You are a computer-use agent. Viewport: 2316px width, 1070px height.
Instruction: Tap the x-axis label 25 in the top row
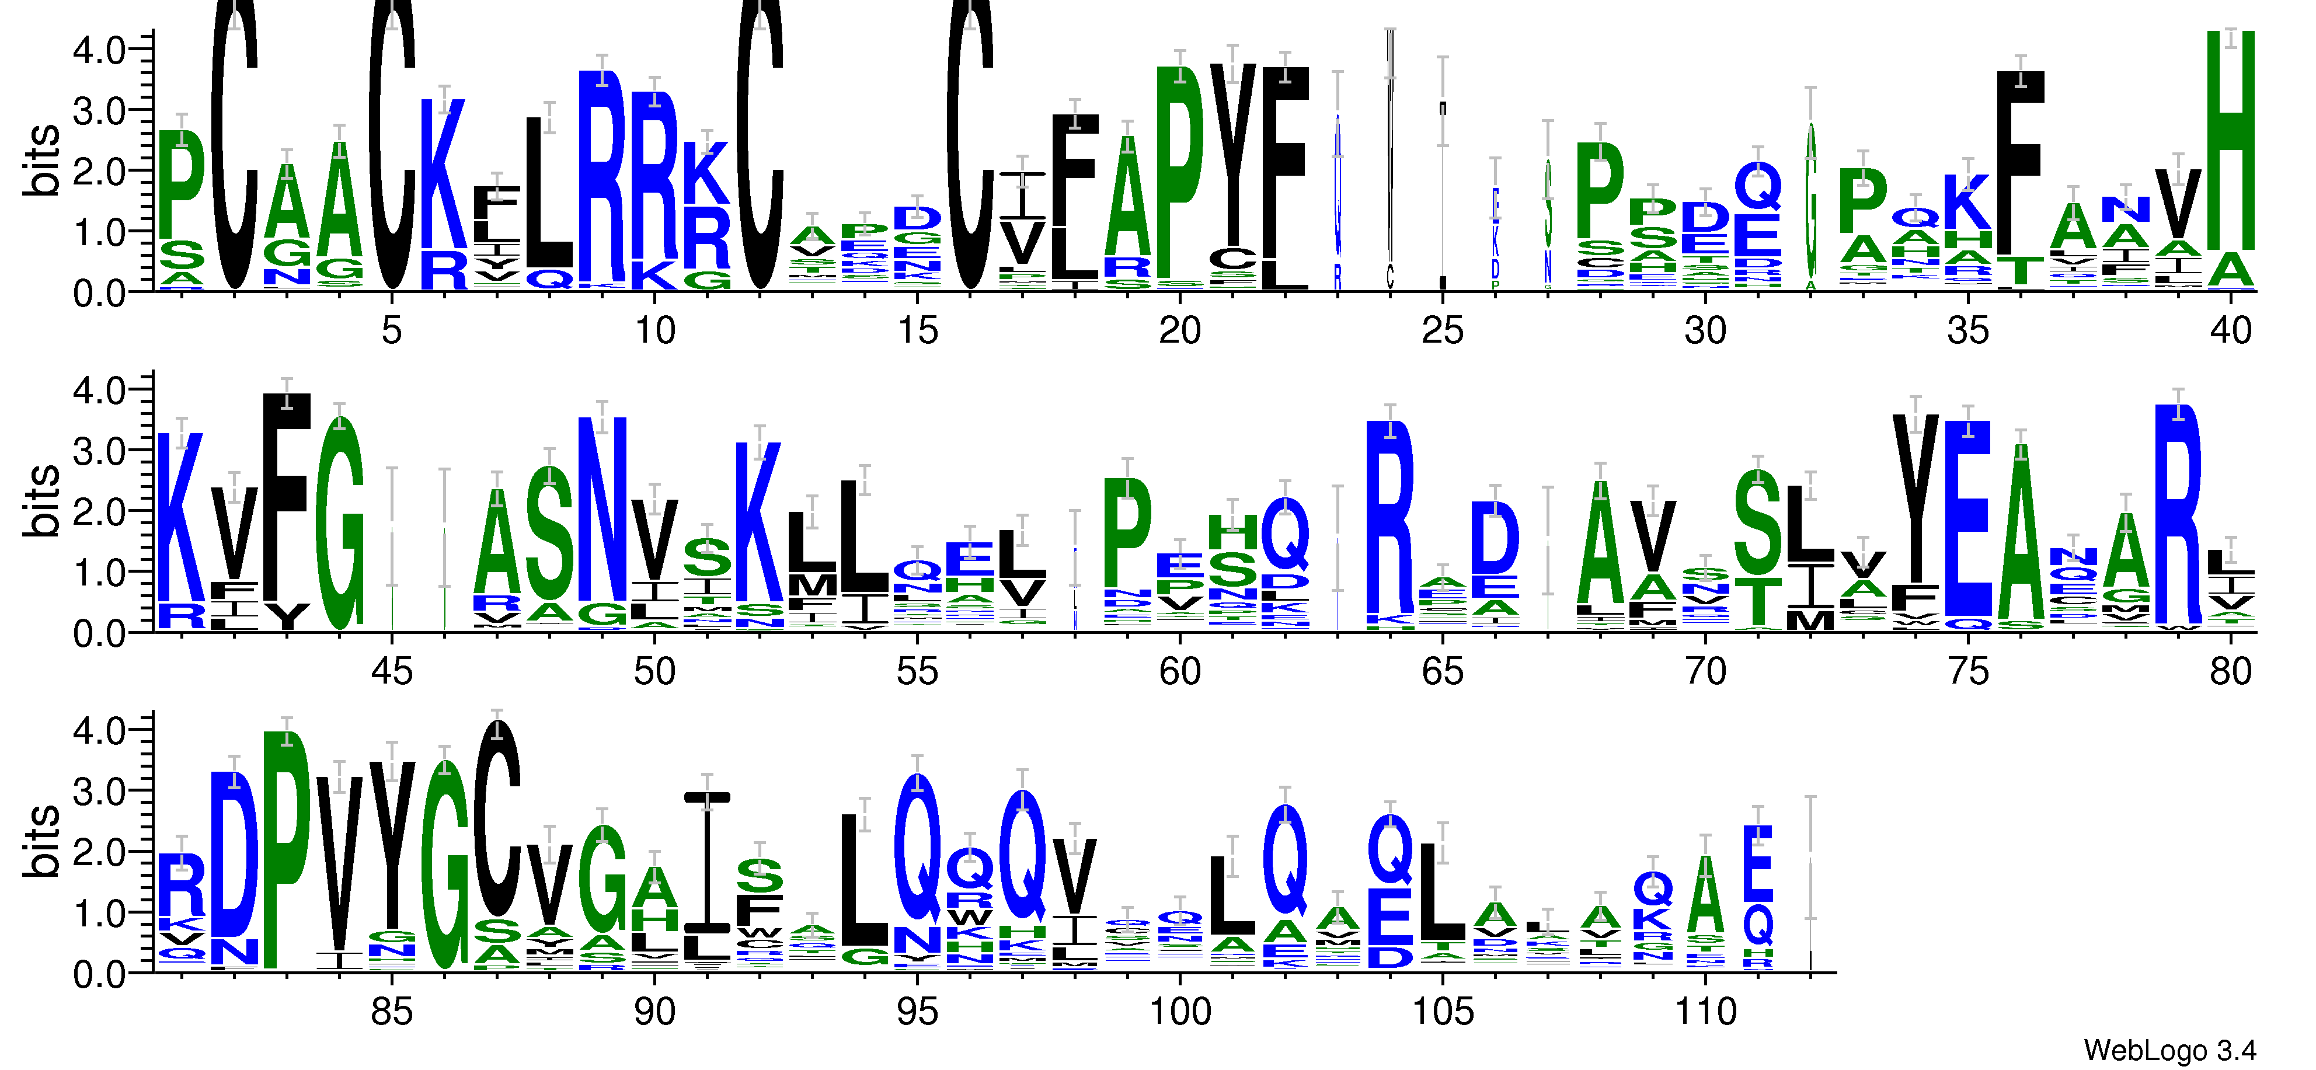1442,331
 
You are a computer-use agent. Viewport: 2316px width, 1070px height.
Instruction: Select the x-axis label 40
2231,331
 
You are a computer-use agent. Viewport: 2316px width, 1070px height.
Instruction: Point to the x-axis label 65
1442,672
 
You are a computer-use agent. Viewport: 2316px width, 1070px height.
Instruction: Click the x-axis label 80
2231,672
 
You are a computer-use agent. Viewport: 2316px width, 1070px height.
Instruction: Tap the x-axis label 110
1705,1012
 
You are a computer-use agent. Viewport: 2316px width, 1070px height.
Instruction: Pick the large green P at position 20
1179,171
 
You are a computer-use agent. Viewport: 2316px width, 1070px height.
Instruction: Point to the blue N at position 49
601,508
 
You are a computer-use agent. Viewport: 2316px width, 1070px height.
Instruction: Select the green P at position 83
286,850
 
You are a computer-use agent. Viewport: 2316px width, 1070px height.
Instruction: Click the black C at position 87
496,818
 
